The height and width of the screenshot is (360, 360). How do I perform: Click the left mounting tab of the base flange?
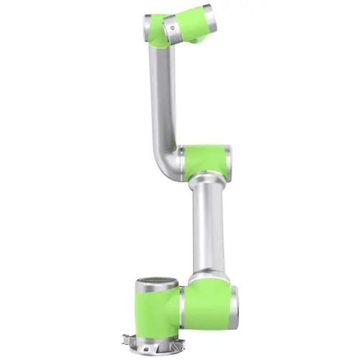[130, 335]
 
